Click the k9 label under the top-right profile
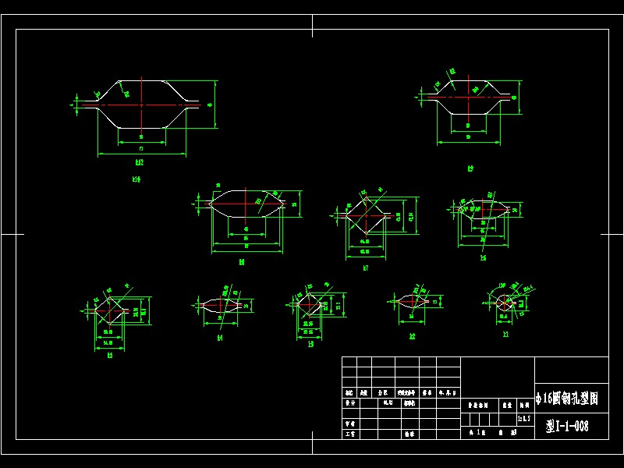[470, 168]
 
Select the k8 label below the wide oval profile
[242, 263]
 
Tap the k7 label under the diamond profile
[365, 268]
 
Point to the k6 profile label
[483, 257]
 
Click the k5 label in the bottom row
[110, 355]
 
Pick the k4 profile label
[220, 338]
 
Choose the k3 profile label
[310, 343]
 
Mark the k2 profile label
[412, 336]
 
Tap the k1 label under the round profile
[505, 334]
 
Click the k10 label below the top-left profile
[136, 179]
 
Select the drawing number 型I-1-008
[567, 426]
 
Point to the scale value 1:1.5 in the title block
[524, 419]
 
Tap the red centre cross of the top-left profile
[141, 103]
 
